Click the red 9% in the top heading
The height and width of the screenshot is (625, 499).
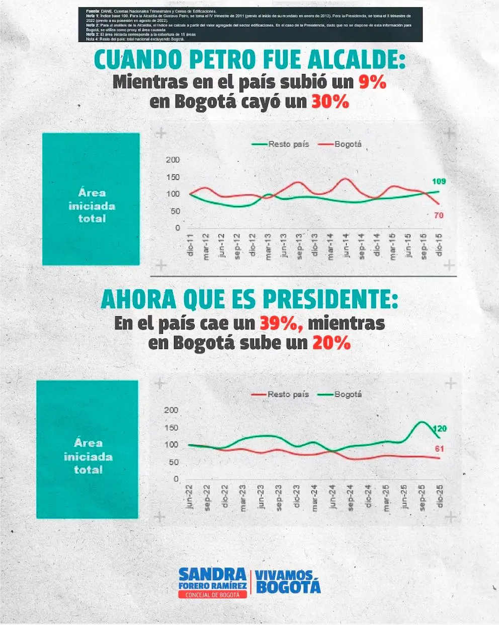[x=372, y=82]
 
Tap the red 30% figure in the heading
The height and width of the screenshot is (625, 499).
[x=330, y=102]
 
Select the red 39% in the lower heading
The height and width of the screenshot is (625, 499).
[x=281, y=323]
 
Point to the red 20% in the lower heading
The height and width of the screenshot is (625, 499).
[x=331, y=343]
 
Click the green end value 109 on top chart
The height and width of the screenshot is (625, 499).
[x=439, y=181]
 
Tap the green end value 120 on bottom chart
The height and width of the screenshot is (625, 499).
[x=440, y=429]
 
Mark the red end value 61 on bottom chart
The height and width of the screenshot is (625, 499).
[x=439, y=449]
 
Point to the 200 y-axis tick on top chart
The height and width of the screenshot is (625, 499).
[x=173, y=160]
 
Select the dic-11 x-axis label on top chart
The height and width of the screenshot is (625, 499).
[x=190, y=245]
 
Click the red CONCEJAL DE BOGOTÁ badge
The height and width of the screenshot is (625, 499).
[x=213, y=594]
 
